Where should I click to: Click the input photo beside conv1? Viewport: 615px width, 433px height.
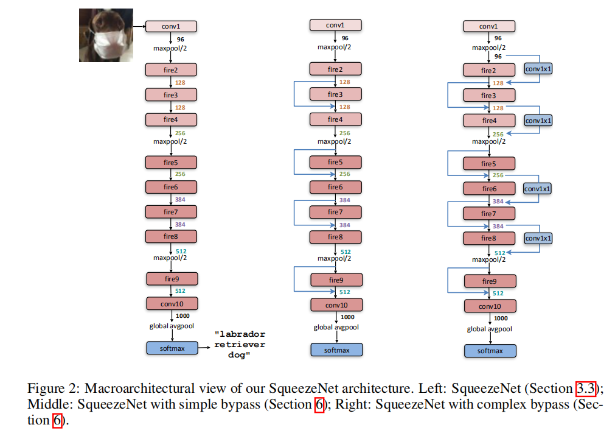[106, 35]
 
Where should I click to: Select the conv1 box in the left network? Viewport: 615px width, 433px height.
[171, 26]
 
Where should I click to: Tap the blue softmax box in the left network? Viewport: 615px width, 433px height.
[172, 348]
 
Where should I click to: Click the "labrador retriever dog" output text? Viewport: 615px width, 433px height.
[241, 345]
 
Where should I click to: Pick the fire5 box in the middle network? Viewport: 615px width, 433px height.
[335, 162]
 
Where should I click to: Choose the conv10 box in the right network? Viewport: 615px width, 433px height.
[490, 306]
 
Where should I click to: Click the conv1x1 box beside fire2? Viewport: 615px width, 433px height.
[538, 70]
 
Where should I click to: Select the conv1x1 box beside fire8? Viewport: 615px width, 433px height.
[538, 238]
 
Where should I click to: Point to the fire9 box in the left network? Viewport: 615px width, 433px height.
[172, 279]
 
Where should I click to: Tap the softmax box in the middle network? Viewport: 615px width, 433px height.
[336, 350]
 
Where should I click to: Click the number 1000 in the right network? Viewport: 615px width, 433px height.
[501, 318]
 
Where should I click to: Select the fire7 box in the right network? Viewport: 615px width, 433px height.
[489, 214]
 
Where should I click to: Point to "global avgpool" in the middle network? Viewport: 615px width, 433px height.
[336, 327]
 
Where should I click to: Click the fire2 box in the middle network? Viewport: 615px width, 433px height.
[335, 69]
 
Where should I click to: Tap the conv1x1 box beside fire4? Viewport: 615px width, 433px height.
[538, 121]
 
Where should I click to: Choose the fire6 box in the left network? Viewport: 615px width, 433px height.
[171, 187]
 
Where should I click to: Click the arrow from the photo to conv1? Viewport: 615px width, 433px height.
[139, 26]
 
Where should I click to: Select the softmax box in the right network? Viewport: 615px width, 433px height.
[490, 351]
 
